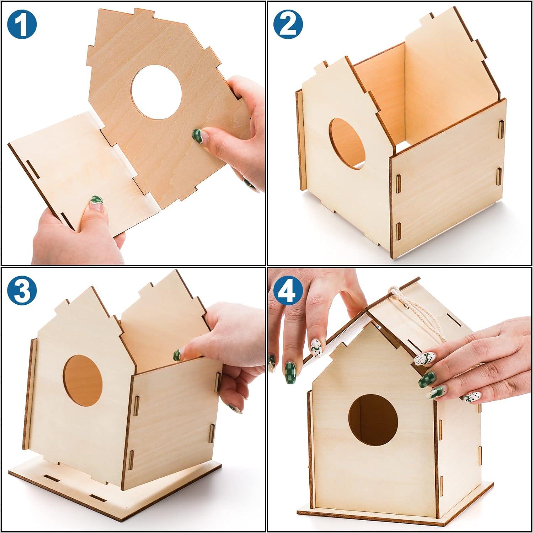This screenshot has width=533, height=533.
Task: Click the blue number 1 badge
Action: (x=22, y=23)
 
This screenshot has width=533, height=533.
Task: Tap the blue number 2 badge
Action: (x=288, y=23)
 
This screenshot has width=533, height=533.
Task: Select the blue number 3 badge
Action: (x=22, y=291)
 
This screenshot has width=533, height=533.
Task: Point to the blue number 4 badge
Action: (x=288, y=291)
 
